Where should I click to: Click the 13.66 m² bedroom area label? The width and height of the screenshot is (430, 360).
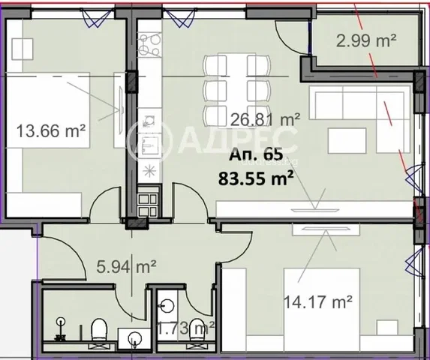pos(51,130)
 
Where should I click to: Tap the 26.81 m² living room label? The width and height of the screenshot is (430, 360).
pos(265,120)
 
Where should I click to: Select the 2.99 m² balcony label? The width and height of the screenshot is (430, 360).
pos(366,40)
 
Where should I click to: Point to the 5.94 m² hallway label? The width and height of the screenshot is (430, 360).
pos(127,267)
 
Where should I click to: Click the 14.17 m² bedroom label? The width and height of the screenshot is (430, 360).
pos(318,302)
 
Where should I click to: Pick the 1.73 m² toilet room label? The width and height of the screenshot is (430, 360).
pos(185,328)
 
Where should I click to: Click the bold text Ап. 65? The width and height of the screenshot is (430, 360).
pos(256,154)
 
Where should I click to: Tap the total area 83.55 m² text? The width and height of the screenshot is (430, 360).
pos(256,178)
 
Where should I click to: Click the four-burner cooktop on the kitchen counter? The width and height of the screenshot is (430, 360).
pos(149,43)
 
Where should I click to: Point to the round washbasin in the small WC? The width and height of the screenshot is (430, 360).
pos(167,305)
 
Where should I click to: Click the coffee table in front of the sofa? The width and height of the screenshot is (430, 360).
pos(347,141)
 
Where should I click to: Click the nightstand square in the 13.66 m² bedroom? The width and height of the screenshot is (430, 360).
pos(23,49)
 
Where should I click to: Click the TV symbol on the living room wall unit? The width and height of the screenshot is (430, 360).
pos(315,210)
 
